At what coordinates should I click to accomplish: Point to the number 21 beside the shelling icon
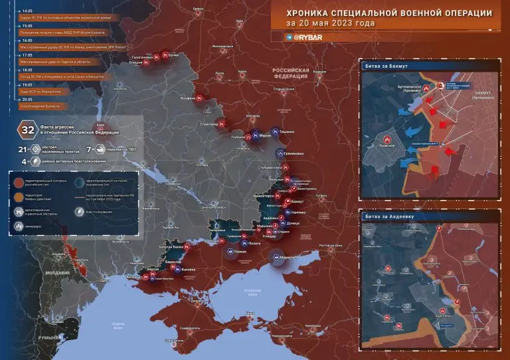(x=23, y=150)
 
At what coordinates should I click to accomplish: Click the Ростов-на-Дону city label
(x=330, y=246)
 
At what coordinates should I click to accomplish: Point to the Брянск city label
(x=198, y=9)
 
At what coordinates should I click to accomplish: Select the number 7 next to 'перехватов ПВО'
(x=89, y=150)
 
